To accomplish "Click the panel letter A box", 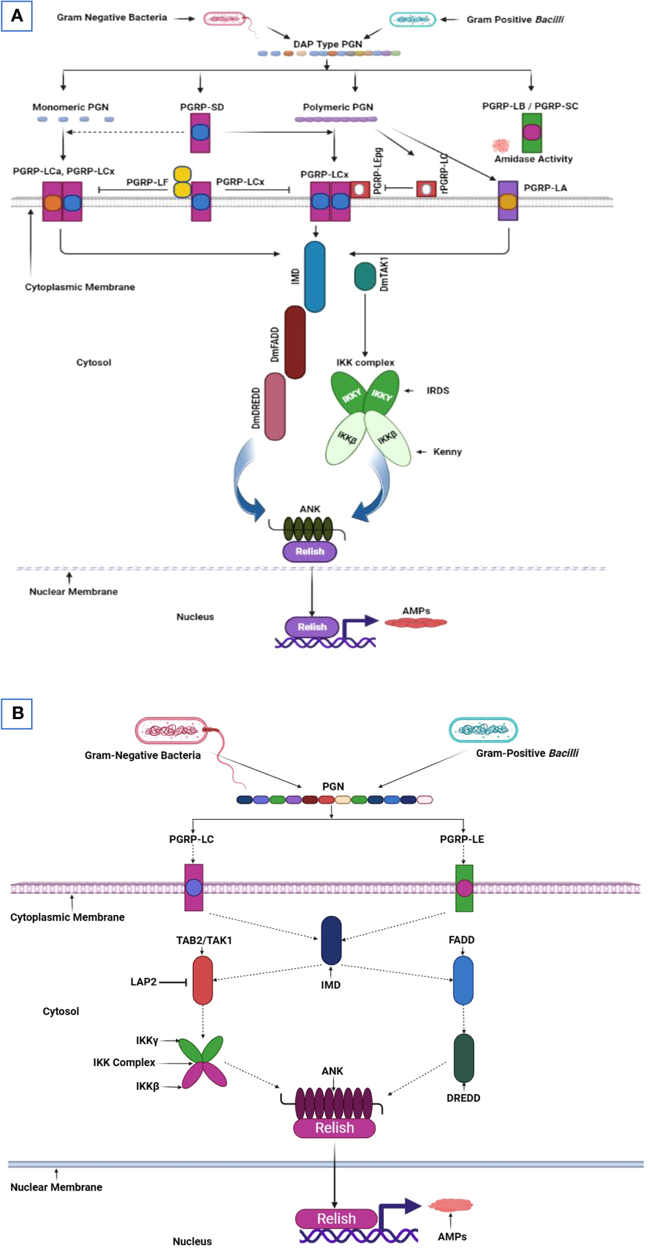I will pos(17,15).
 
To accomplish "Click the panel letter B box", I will pos(17,712).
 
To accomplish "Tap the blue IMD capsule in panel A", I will pos(315,276).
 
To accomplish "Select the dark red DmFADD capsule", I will pos(295,342).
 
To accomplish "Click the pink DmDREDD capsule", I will pos(275,406).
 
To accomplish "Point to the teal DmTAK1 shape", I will pos(365,276).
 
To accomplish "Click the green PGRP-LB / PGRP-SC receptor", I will pos(532,132).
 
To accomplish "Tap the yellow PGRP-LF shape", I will pos(182,182).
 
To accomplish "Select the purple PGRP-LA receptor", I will pos(508,200).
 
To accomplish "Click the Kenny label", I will pos(447,452).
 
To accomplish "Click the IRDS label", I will pos(438,390).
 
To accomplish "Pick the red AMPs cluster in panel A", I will pos(416,623).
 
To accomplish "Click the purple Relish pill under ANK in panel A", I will pos(310,551).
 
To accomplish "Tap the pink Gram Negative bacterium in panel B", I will pos(172,730).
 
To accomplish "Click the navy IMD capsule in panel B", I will pos(331,940).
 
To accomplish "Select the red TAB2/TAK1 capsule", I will pos(202,980).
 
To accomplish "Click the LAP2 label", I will pos(143,981).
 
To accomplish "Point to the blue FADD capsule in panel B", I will pos(463,980).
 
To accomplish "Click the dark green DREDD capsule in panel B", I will pos(464,1058).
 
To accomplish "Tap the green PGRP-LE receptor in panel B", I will pos(464,888).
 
